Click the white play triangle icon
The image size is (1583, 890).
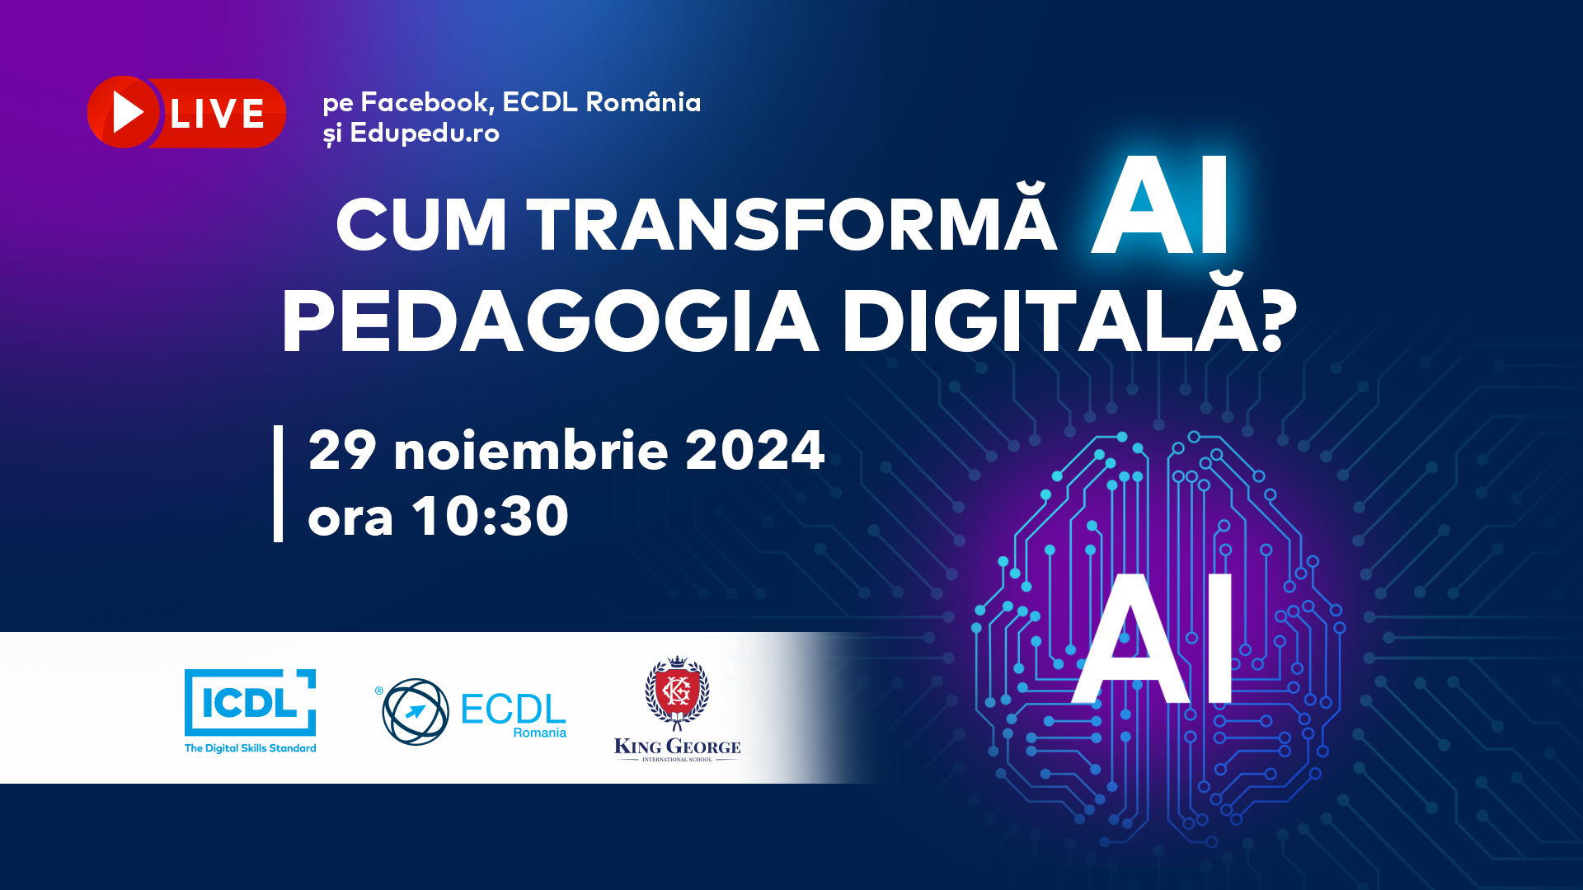click(128, 112)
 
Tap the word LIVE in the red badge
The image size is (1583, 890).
click(218, 114)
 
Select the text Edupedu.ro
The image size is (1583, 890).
click(425, 133)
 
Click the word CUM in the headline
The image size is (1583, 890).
click(421, 224)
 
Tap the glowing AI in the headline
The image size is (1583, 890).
click(1160, 206)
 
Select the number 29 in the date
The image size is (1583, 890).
click(342, 450)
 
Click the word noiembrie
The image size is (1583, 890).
click(531, 450)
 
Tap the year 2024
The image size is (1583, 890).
click(755, 450)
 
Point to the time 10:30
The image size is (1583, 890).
click(491, 516)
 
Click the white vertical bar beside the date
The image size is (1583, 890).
click(278, 484)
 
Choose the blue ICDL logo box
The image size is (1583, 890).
click(250, 702)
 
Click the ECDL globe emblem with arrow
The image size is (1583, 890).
click(416, 711)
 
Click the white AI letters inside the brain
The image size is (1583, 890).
click(1153, 639)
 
